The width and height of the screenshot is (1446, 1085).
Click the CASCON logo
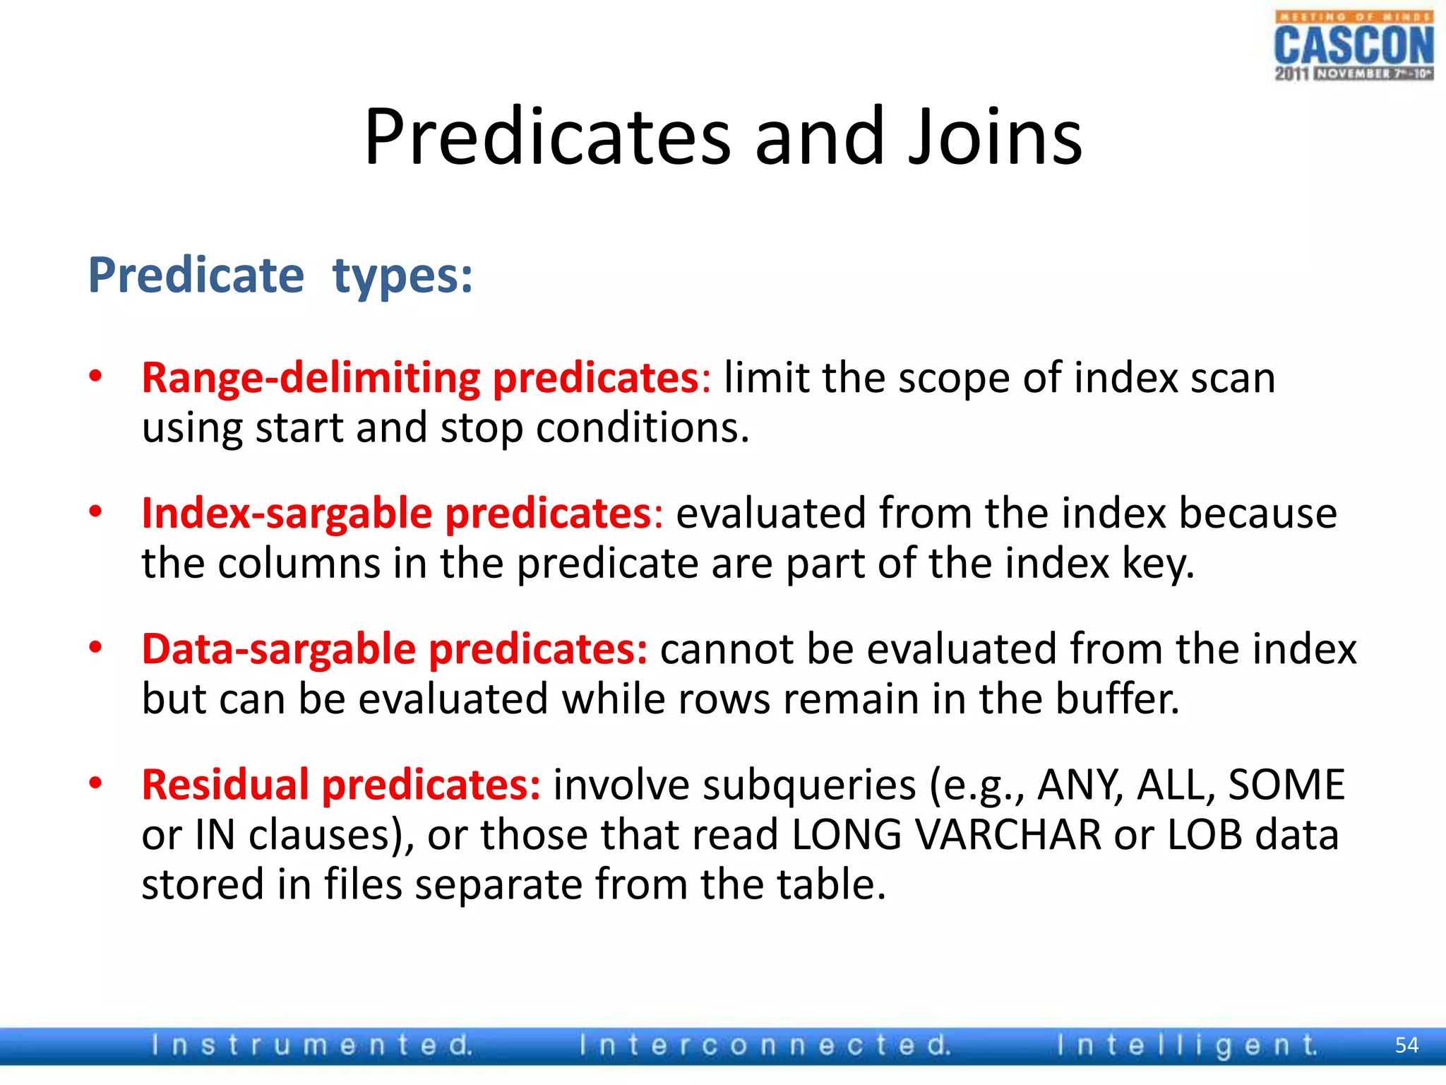[x=1353, y=47]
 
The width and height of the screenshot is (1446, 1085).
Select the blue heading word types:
[x=402, y=277]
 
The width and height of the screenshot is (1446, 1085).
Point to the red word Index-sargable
[x=286, y=514]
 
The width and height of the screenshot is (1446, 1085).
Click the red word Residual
[x=225, y=785]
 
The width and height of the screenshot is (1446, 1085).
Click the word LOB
[x=1204, y=835]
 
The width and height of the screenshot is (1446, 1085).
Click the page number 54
[x=1406, y=1045]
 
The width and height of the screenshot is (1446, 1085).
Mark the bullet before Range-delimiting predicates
[x=96, y=376]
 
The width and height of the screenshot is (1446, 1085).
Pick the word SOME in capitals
[x=1286, y=785]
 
